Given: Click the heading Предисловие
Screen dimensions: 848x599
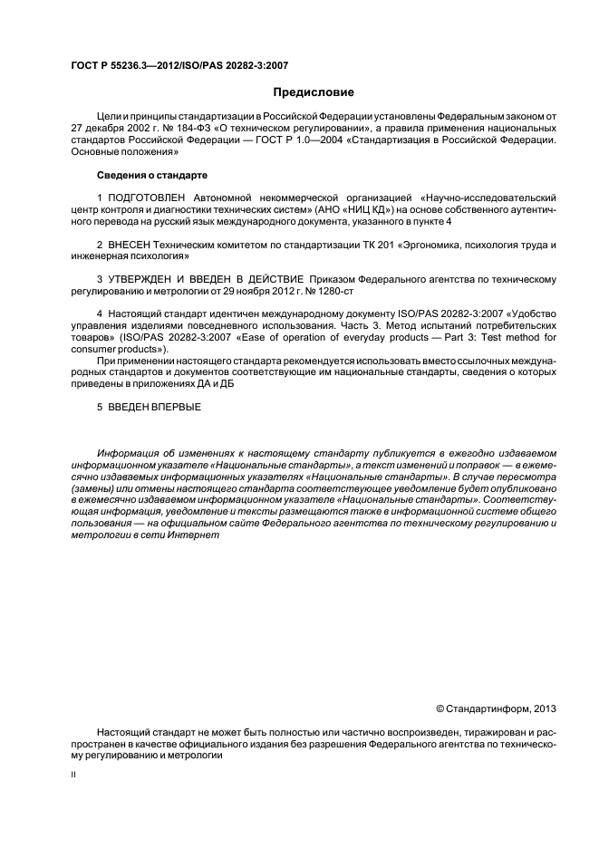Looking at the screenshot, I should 314,92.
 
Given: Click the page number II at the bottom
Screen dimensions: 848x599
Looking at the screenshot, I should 74,776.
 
